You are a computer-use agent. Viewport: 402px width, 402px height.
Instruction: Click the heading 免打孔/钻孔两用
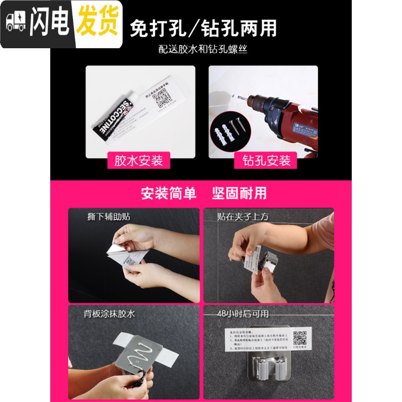[x=204, y=28]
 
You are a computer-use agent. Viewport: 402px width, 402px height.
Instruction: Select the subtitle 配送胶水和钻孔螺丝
[x=204, y=50]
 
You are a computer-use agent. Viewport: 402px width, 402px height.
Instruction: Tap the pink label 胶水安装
[x=139, y=161]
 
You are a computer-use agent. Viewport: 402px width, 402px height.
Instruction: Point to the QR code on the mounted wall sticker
[x=299, y=337]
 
